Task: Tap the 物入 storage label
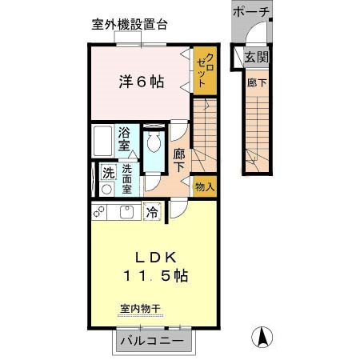click(x=204, y=186)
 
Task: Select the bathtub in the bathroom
click(x=102, y=142)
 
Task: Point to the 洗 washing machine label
click(x=106, y=171)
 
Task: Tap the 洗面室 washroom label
click(x=127, y=176)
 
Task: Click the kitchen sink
click(x=126, y=212)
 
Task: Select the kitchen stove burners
click(x=100, y=212)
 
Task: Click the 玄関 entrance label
click(x=256, y=57)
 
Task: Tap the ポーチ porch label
click(x=252, y=13)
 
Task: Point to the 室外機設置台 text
click(x=129, y=24)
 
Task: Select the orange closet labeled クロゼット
click(x=205, y=70)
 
